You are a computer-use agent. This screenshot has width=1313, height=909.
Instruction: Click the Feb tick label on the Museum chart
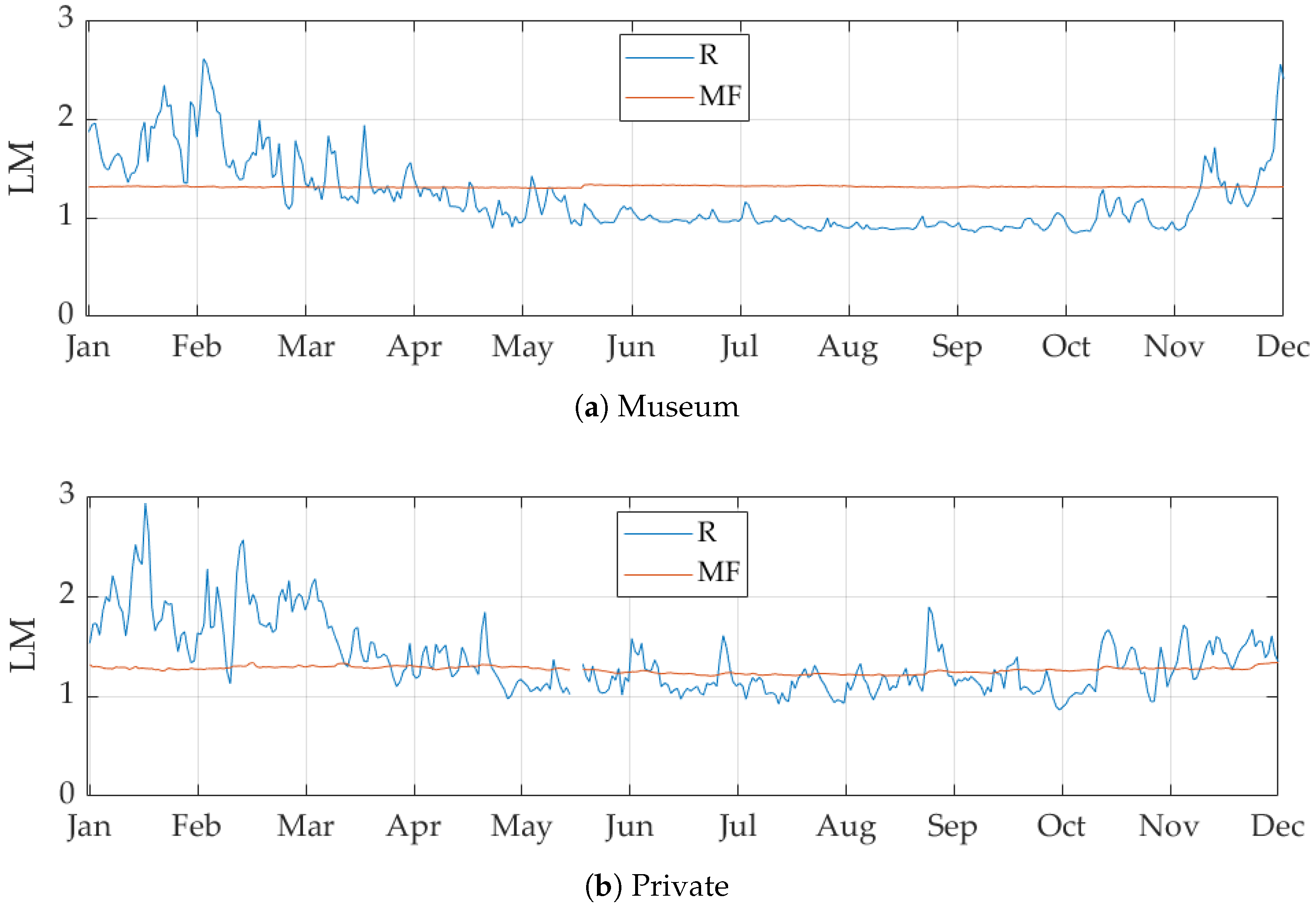(196, 346)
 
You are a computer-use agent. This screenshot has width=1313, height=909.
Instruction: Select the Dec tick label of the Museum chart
(1283, 346)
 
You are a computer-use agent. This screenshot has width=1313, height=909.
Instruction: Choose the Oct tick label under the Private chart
(1061, 826)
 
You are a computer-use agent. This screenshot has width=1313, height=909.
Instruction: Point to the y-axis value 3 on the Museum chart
(66, 18)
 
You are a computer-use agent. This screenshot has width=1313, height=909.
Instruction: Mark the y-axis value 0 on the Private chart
(67, 793)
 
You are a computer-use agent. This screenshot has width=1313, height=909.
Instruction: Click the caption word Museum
(678, 407)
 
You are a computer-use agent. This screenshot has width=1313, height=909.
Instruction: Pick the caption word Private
(680, 886)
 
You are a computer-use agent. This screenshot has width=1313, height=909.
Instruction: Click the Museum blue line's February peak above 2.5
(204, 60)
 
